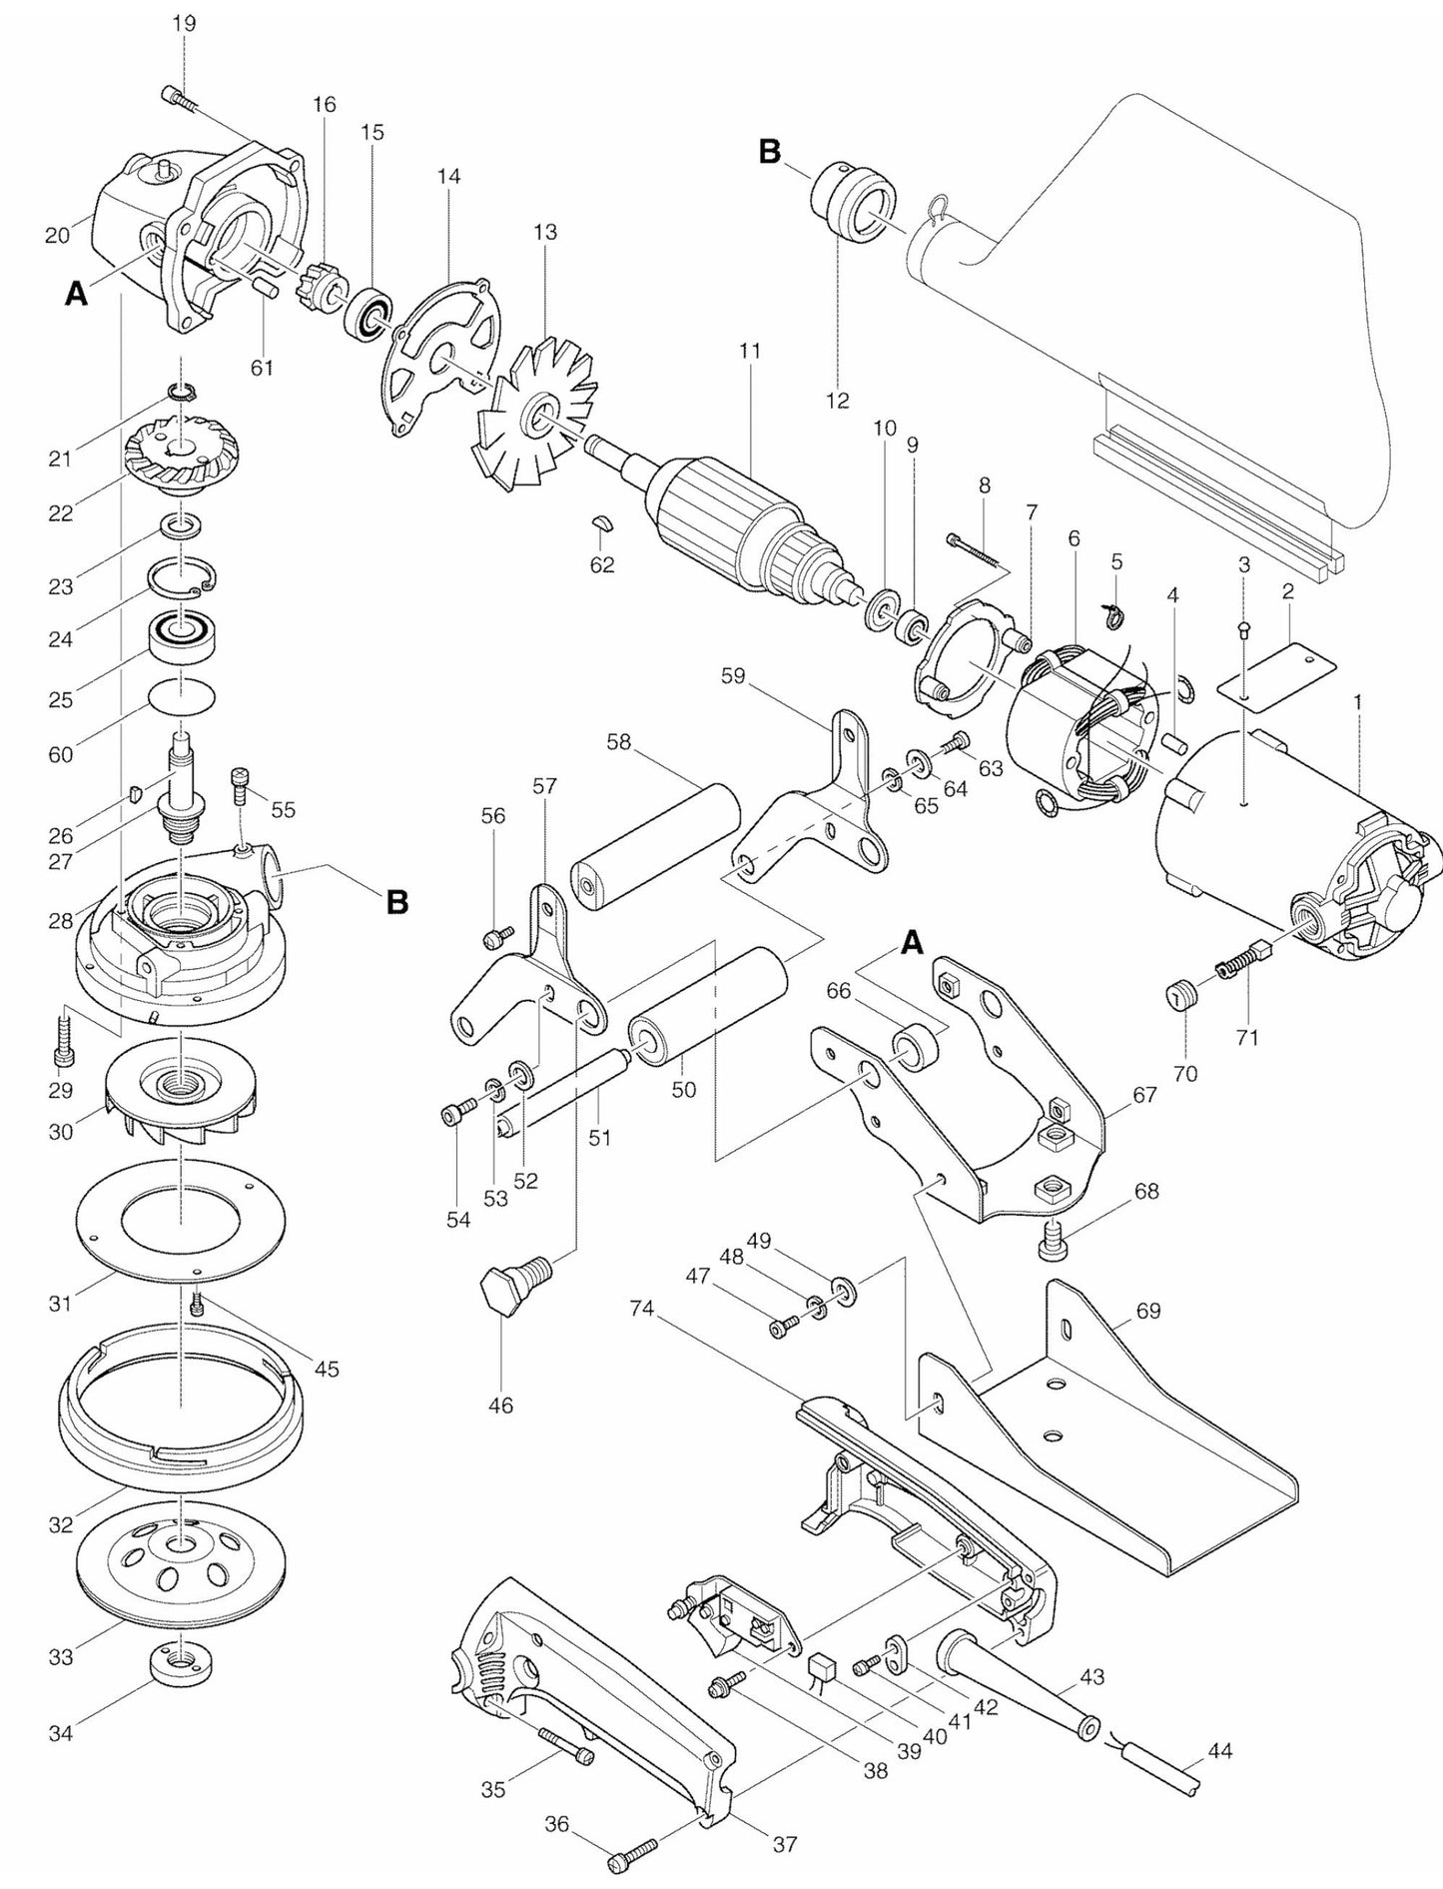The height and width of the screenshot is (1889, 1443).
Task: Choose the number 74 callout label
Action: [x=642, y=1309]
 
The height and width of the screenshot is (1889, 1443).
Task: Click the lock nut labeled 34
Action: [x=179, y=1663]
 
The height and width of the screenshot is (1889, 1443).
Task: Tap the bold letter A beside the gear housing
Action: [x=76, y=294]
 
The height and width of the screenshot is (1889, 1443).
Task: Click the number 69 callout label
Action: [x=1148, y=1310]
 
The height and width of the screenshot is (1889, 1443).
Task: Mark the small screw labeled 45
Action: [x=198, y=1304]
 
